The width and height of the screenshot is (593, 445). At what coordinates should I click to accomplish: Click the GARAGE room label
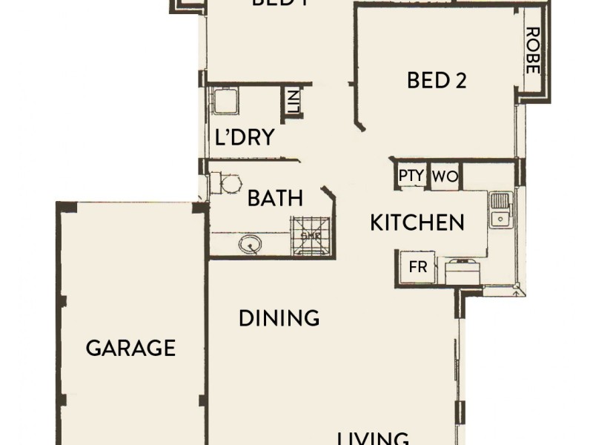click(x=130, y=348)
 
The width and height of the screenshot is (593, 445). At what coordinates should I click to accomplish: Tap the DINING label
click(x=279, y=318)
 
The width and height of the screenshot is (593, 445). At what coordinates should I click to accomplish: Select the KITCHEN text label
click(x=417, y=222)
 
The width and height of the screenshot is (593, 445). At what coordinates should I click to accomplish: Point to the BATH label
click(x=275, y=198)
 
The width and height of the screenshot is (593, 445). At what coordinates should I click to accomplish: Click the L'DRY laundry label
click(x=245, y=138)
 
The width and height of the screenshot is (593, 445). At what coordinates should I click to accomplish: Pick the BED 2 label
click(x=437, y=80)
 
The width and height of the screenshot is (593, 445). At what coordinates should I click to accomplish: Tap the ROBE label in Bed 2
click(x=531, y=50)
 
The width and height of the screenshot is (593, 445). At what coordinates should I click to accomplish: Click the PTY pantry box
click(x=411, y=177)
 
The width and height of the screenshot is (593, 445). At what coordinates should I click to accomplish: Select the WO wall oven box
click(x=444, y=177)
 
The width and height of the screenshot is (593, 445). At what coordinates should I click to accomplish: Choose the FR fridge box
click(x=418, y=267)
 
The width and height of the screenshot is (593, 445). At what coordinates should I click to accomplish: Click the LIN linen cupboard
click(x=293, y=102)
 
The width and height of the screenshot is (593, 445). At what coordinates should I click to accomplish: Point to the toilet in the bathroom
click(x=224, y=182)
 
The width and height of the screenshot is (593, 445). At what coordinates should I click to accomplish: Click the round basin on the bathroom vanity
click(x=250, y=243)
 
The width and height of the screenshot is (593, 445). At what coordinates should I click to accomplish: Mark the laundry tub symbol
click(x=225, y=101)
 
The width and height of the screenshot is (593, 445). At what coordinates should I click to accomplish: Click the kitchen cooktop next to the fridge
click(x=463, y=271)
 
